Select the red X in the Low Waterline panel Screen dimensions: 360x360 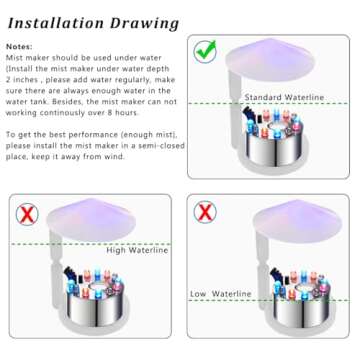pyautogui.click(x=206, y=214)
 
